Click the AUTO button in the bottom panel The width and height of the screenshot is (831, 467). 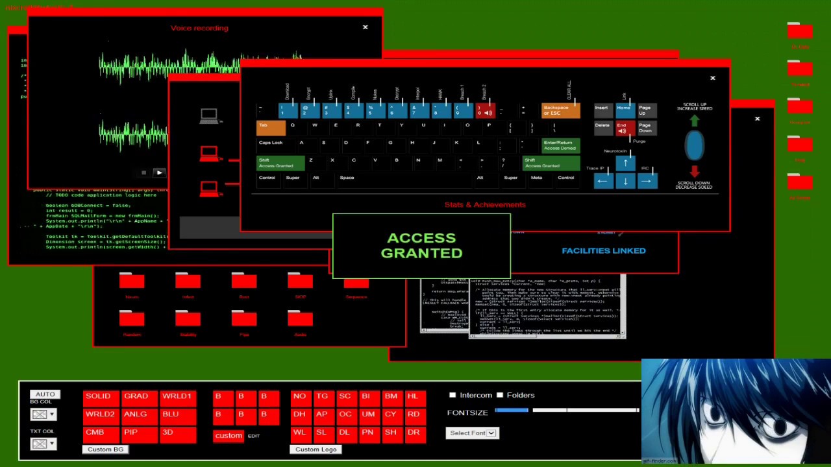click(x=45, y=394)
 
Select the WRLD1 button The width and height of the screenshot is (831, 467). click(x=177, y=396)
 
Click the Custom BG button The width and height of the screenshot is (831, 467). click(x=105, y=449)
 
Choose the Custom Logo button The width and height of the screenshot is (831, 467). click(x=316, y=449)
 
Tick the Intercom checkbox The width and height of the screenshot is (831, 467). click(x=453, y=395)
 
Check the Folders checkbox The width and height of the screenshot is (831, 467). click(x=500, y=395)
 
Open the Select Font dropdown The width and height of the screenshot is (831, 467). click(x=472, y=433)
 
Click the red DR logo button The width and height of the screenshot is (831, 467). click(x=414, y=433)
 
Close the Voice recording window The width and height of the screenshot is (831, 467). click(x=365, y=27)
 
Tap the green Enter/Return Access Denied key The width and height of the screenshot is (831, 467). click(x=560, y=145)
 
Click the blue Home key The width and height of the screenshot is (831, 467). click(x=625, y=110)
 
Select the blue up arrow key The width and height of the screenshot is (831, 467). click(x=625, y=163)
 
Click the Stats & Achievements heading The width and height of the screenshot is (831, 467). click(x=485, y=204)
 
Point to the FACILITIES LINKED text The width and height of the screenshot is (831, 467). click(x=603, y=250)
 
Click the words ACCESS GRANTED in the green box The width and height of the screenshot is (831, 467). click(x=421, y=246)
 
